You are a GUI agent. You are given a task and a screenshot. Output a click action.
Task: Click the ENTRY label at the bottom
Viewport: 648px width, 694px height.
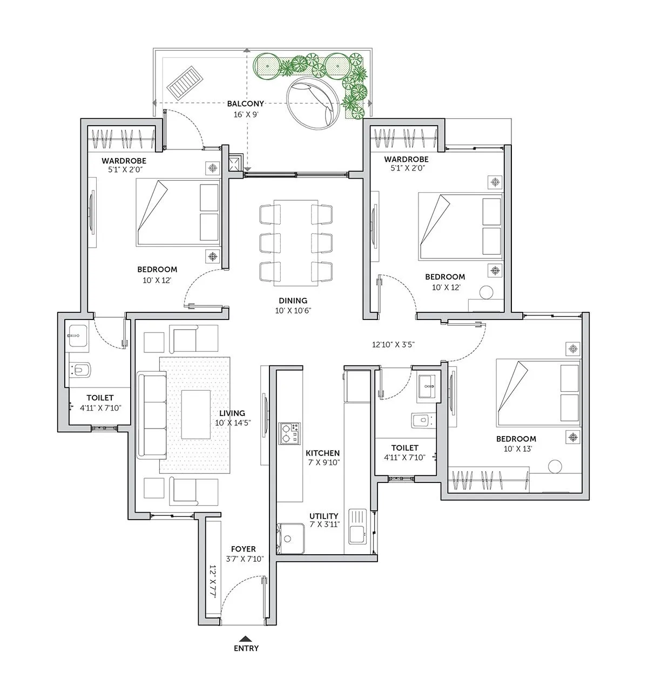(246, 648)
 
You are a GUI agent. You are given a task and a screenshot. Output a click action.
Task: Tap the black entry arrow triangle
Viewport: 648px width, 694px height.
(246, 637)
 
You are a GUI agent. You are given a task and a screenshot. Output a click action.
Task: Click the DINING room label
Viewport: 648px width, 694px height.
(293, 301)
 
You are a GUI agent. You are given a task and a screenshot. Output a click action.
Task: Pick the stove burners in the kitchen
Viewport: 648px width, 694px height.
(289, 433)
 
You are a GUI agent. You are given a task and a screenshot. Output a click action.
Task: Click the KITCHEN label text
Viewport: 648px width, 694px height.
(322, 453)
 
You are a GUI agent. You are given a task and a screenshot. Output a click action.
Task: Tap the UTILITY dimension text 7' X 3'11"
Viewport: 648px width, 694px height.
(324, 525)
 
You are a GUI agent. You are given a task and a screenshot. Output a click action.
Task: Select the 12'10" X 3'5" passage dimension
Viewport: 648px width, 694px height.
(393, 344)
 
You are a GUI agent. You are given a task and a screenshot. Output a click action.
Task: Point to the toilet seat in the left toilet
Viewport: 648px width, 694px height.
(82, 370)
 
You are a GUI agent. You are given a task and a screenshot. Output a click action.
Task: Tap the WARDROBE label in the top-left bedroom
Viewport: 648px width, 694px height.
(124, 161)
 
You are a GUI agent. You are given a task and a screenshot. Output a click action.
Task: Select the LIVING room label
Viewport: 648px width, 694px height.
(232, 413)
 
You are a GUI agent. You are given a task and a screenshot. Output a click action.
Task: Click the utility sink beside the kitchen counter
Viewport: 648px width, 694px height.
(357, 526)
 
